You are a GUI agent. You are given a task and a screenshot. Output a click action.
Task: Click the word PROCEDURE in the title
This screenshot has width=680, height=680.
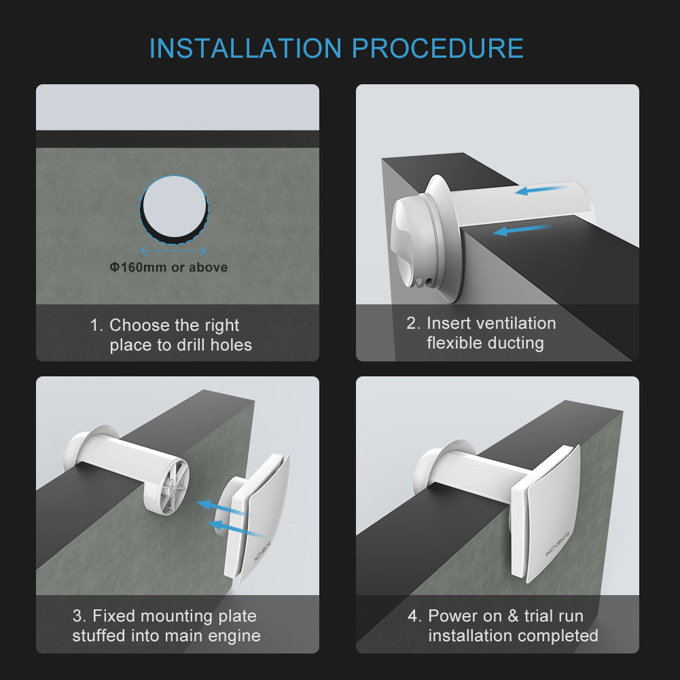point(437,49)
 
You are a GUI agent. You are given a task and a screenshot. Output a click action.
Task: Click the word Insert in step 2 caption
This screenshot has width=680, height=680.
point(448,323)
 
